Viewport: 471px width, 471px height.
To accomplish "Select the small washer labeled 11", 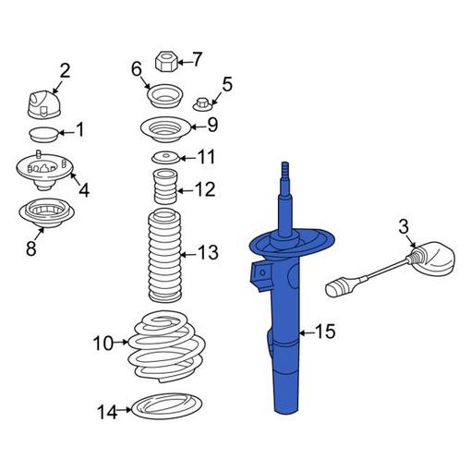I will [x=164, y=157].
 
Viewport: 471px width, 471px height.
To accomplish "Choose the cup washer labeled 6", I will [x=164, y=95].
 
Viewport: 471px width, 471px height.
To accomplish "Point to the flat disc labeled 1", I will [x=42, y=137].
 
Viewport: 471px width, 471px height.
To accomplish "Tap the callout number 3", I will [x=404, y=225].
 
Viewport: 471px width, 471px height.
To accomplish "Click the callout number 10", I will [x=103, y=344].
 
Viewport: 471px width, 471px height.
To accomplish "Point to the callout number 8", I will [x=31, y=248].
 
